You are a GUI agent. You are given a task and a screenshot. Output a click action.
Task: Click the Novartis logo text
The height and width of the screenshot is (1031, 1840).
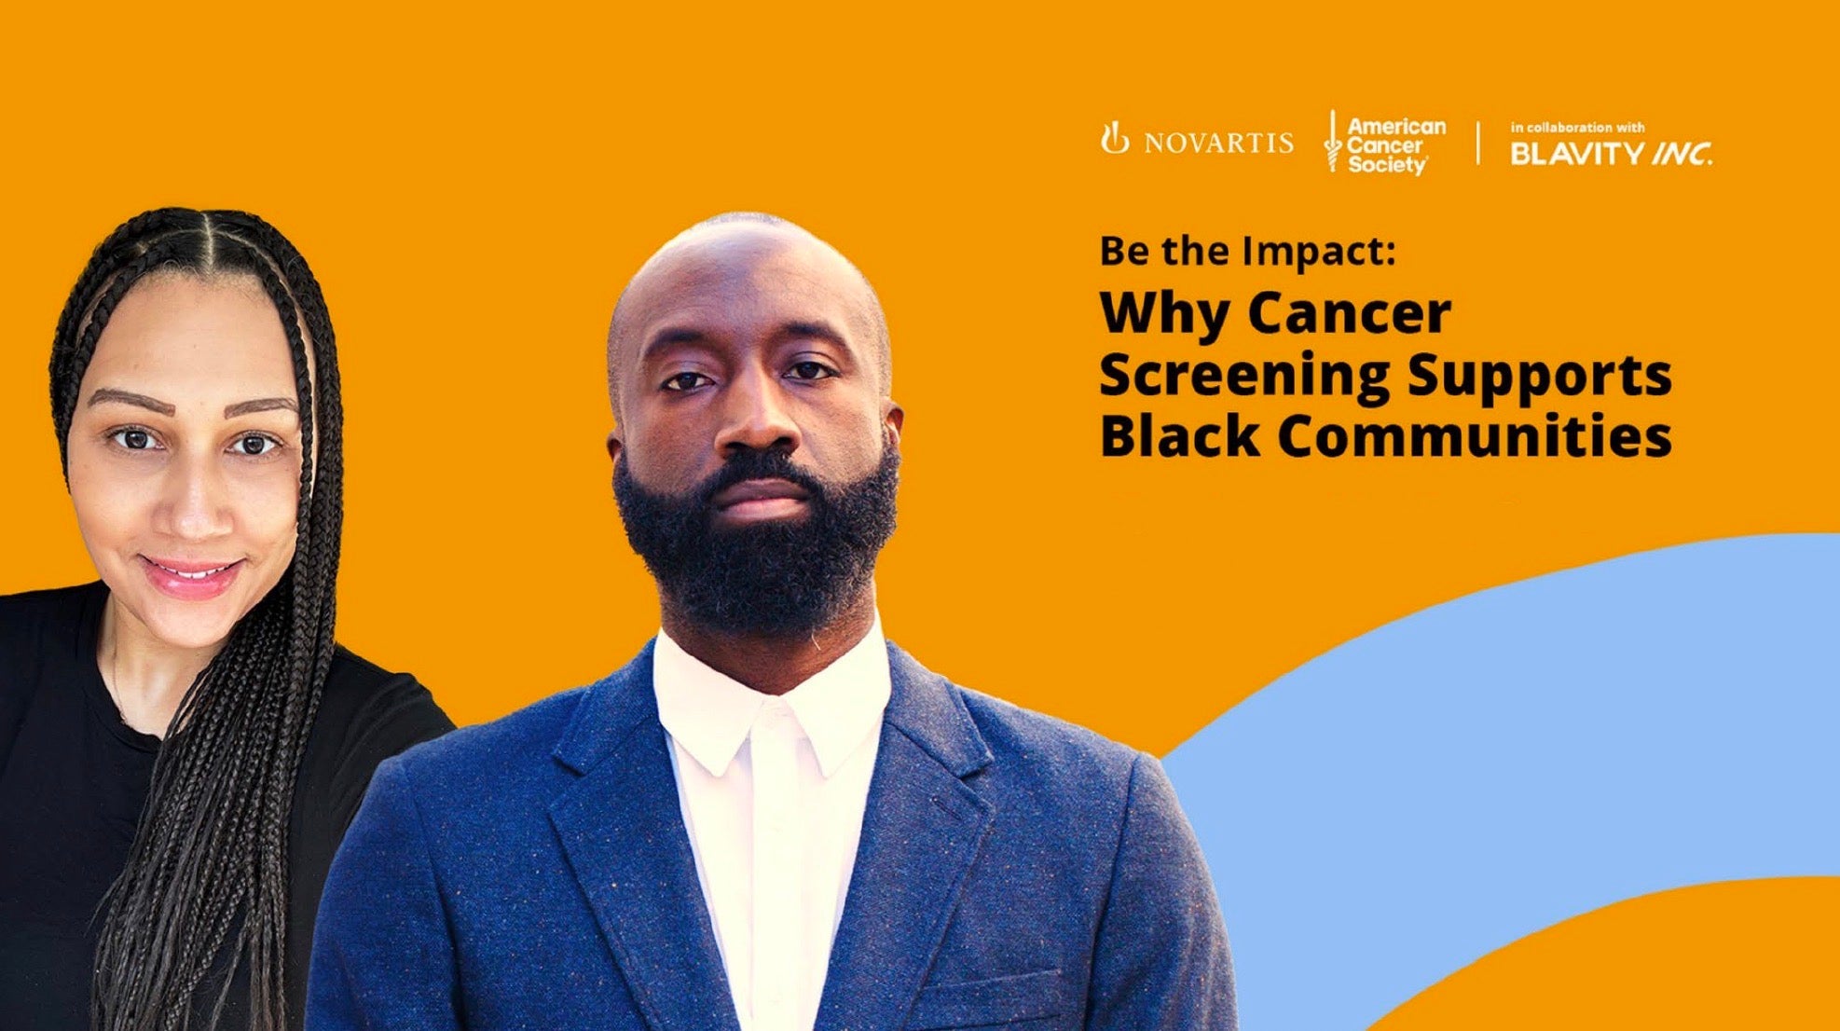point(1217,143)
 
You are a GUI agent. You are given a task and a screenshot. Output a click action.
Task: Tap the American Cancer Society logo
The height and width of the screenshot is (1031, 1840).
point(1386,144)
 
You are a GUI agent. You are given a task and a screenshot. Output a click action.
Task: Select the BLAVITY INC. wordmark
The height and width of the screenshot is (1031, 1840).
point(1610,154)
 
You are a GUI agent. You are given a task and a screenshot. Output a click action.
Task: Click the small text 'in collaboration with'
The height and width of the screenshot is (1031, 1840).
point(1577,128)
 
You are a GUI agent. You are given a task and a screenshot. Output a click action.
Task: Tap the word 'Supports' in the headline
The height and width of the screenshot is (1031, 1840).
point(1539,376)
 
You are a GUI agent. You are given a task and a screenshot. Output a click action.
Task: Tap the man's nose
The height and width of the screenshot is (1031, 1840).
point(758,424)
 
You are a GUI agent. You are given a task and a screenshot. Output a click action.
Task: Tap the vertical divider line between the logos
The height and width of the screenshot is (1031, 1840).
point(1478,143)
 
